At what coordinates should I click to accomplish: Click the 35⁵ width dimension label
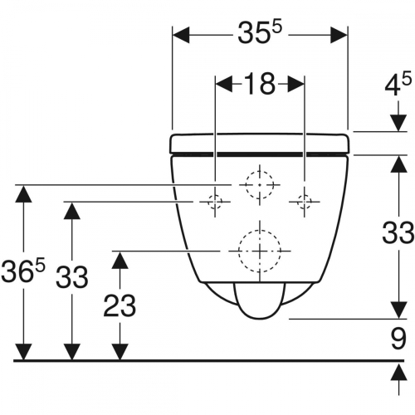[x=259, y=34]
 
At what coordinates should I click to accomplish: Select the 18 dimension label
[x=260, y=84]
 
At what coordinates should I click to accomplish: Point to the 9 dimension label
[x=398, y=338]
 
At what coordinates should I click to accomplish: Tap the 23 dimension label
[x=122, y=306]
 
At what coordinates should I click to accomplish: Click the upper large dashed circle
[x=260, y=184]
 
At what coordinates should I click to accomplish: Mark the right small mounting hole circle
[x=305, y=200]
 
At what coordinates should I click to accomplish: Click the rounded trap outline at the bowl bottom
[x=260, y=300]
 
